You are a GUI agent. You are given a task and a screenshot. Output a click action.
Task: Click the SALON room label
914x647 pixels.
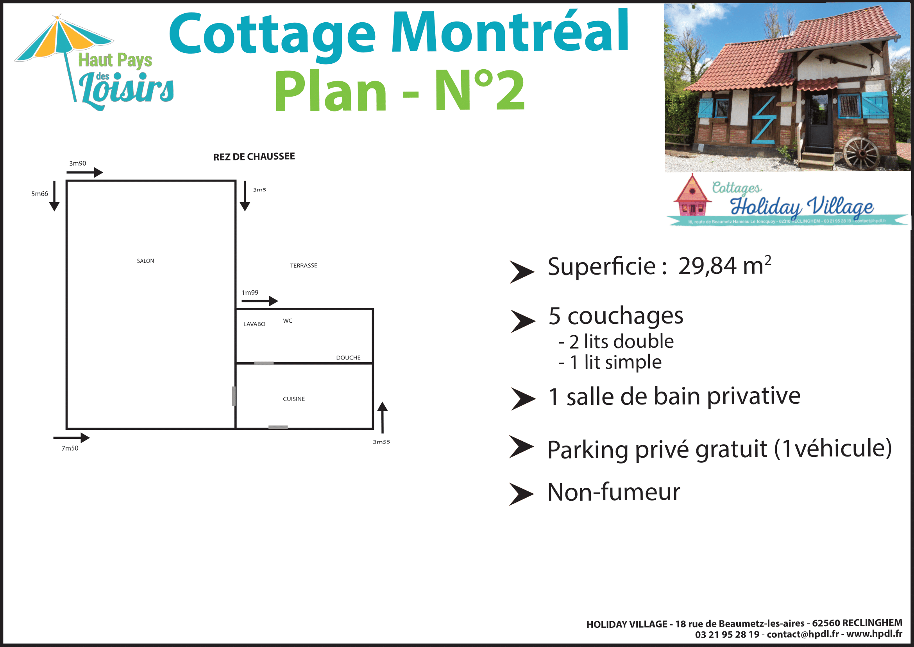coord(145,261)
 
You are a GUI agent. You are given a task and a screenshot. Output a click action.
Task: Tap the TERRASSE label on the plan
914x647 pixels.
coord(303,265)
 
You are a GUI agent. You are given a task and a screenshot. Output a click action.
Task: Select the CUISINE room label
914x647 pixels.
coord(294,399)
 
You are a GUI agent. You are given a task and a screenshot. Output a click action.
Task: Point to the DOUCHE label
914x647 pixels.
coord(348,358)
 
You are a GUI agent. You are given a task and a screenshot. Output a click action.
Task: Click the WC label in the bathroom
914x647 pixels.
coord(288,321)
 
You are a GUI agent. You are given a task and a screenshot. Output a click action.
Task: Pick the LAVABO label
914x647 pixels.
coord(254,324)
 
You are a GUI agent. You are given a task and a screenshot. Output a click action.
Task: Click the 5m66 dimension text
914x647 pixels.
coord(39,194)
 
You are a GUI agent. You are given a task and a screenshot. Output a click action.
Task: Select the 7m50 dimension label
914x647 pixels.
coord(70,448)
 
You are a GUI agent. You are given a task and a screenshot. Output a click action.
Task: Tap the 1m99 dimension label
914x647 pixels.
coord(250,293)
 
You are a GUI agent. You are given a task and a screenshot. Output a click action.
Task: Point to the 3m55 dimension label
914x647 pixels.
coord(381,442)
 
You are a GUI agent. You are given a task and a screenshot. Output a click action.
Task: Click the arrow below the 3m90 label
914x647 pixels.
coord(85,173)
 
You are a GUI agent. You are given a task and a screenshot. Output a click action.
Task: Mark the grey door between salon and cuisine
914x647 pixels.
coord(234,396)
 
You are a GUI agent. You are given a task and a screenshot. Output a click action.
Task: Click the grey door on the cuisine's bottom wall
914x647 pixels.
coord(278,427)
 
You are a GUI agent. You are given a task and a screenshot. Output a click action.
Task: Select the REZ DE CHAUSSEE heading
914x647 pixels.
coord(254,156)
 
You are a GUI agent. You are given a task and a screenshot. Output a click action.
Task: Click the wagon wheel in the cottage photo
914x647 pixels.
coord(862,153)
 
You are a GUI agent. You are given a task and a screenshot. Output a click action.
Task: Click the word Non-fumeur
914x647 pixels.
coord(614,492)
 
